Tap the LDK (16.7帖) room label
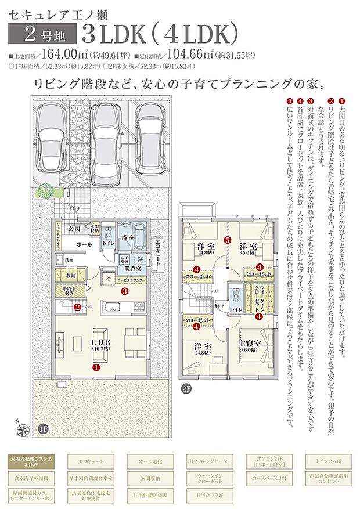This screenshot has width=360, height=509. [102, 344]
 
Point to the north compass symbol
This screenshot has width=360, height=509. [23, 429]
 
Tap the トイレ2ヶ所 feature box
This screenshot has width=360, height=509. [329, 463]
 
